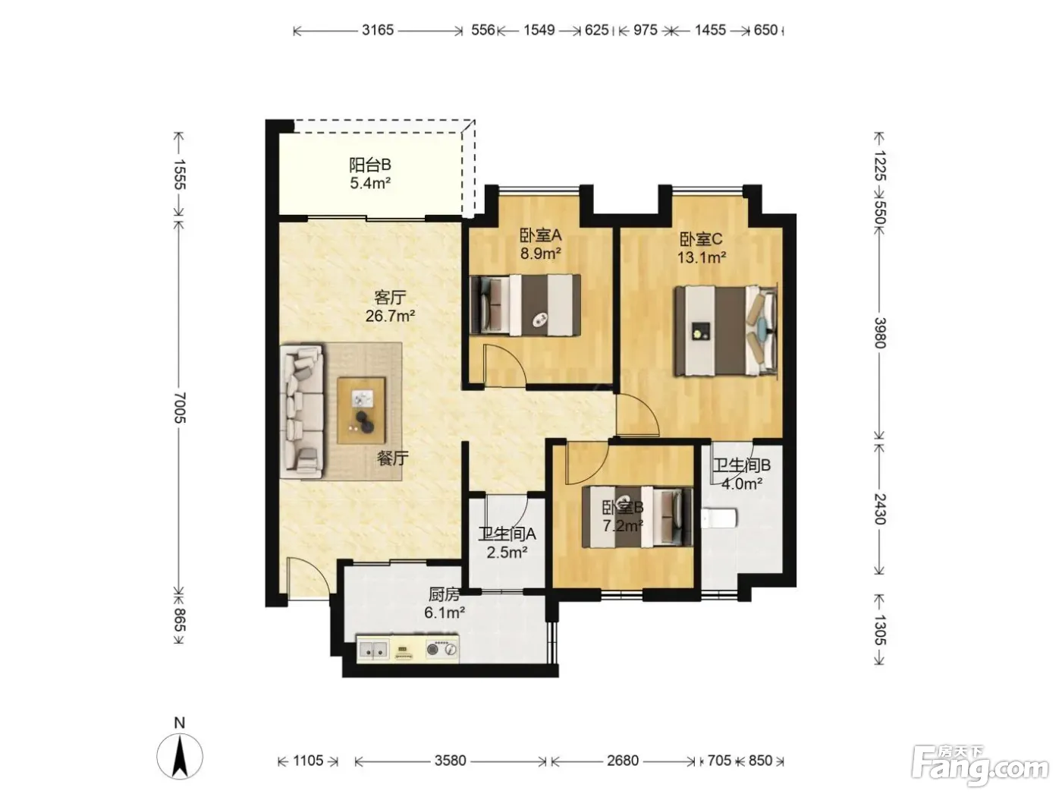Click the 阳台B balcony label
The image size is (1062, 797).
pos(370,165)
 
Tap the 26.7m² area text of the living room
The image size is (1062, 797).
pos(390,316)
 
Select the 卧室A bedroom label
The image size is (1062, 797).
pos(540,235)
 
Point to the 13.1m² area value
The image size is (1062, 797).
pos(701,257)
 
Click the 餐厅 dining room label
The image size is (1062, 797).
pos(393,458)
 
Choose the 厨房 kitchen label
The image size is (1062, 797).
pos(445,594)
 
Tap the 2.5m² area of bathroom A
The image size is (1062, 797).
pos(507,552)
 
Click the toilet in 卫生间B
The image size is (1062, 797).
pos(719,518)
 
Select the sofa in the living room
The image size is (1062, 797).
pos(302,412)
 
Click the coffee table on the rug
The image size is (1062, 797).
pos(361,411)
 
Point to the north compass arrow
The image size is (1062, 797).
pos(180,757)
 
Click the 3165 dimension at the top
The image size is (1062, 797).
pos(378,30)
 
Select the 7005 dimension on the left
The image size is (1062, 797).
pos(180,408)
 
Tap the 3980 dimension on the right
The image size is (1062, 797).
pos(880,333)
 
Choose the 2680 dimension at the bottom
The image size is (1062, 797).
pos(623,761)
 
